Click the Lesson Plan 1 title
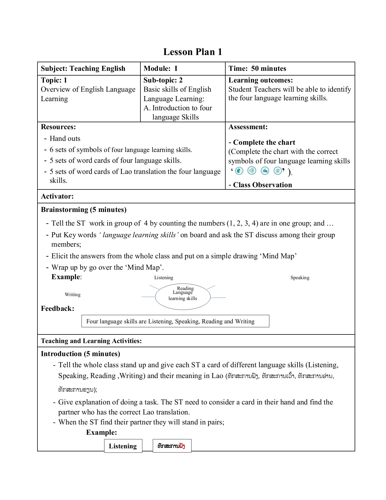tap(193, 52)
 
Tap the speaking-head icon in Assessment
tap(239, 171)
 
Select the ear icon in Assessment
tap(252, 171)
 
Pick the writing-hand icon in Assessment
tap(265, 171)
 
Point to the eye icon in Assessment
tap(277, 171)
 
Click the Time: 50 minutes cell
tap(257, 69)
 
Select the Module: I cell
tap(160, 69)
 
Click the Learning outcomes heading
tap(260, 80)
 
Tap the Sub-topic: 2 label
tap(163, 80)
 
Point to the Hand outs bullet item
tap(65, 139)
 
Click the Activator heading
tap(57, 196)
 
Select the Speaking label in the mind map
tap(300, 278)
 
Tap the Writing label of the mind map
tap(72, 295)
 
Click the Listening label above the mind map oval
tap(163, 278)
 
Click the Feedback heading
tap(57, 309)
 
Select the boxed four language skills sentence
tap(175, 321)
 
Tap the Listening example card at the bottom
tap(123, 446)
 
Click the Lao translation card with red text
tap(172, 446)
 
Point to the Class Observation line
tap(262, 185)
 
